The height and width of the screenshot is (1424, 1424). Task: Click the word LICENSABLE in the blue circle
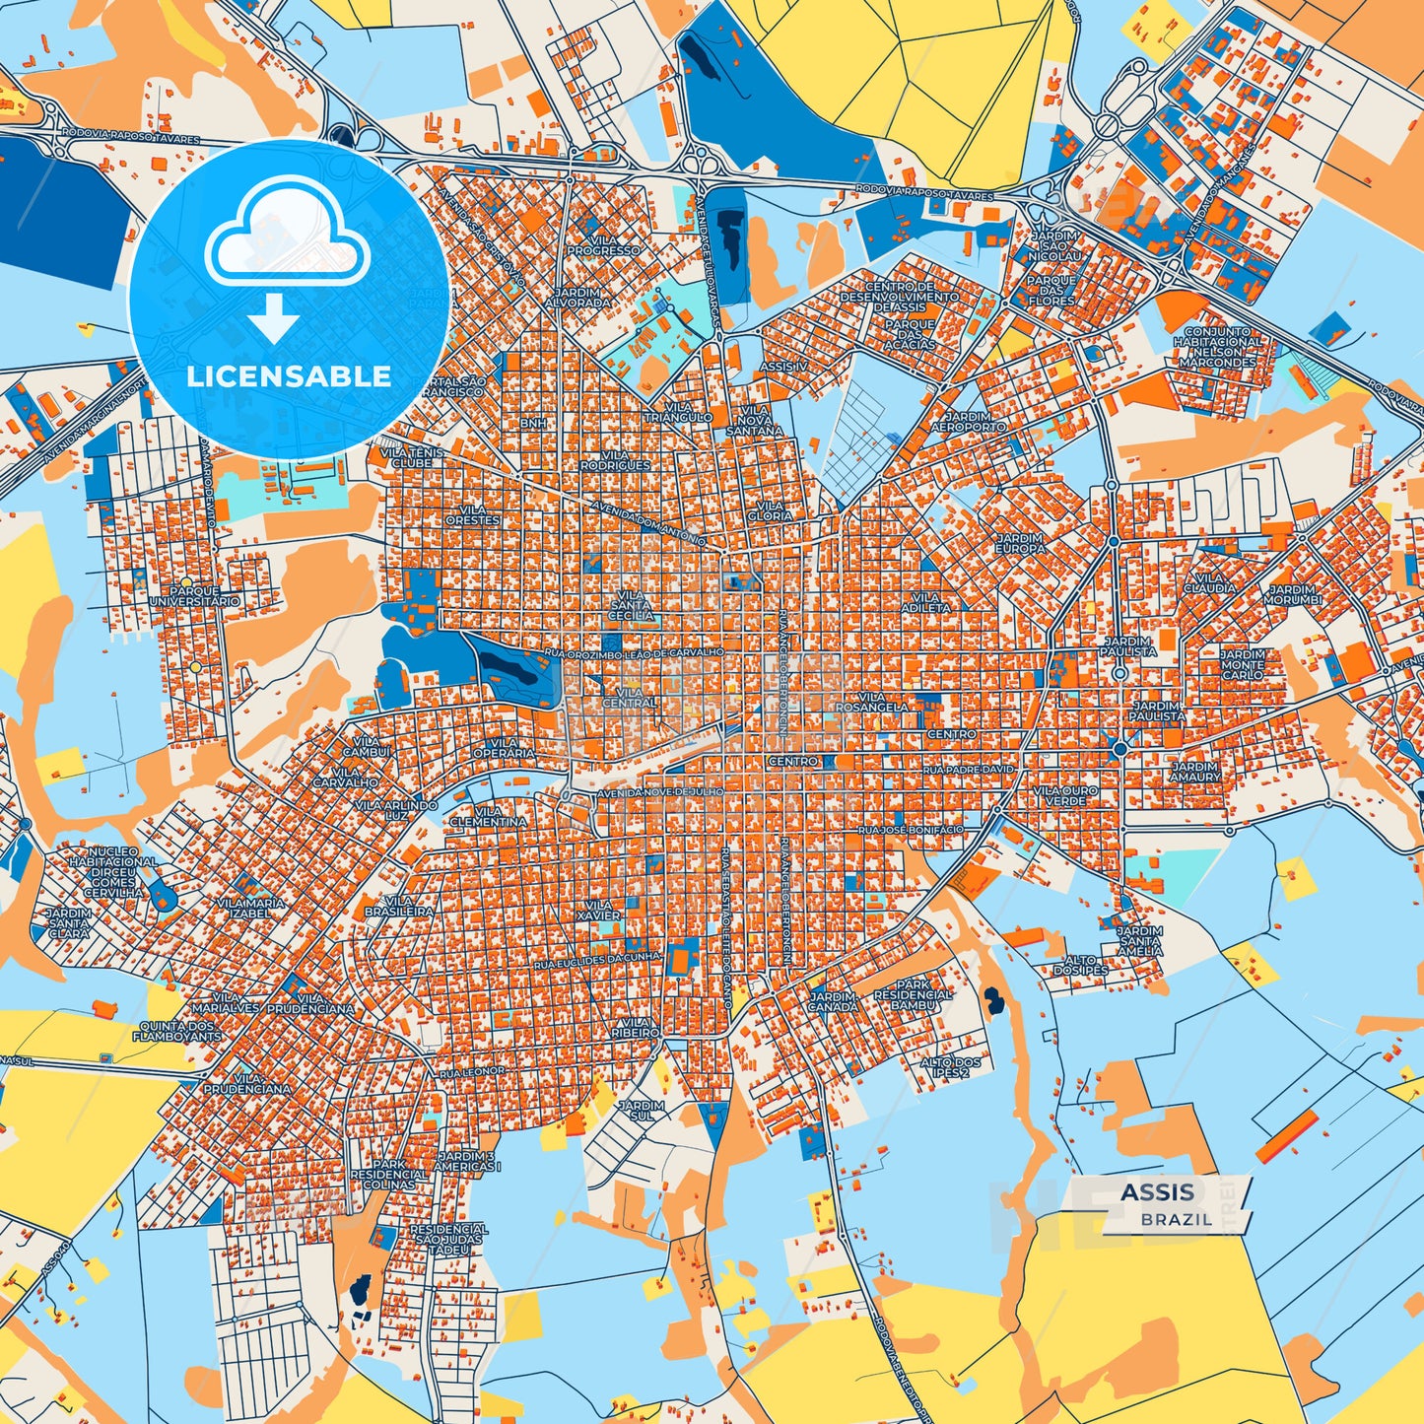pos(289,376)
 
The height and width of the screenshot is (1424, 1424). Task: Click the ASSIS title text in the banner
pos(1157,1192)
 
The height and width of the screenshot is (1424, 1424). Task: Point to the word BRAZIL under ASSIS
pos(1177,1219)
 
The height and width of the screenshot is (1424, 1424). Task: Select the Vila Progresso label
pos(603,245)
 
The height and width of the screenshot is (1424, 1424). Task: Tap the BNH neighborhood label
pos(533,423)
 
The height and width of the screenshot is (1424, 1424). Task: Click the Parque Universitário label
pos(194,595)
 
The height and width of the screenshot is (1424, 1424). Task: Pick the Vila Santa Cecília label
pos(631,605)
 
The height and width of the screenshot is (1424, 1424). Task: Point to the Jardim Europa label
pos(1020,543)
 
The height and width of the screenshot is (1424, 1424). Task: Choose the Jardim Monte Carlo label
pos(1242,664)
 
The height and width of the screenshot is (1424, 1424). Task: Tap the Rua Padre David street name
pos(968,770)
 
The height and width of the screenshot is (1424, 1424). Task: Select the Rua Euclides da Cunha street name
pos(597,960)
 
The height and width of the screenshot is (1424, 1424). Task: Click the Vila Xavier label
pos(599,910)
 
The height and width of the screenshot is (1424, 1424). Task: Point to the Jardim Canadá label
pos(833,1001)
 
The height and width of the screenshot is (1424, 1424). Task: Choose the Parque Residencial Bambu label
pos(913,994)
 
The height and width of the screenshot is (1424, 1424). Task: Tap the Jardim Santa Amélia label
pos(1139,941)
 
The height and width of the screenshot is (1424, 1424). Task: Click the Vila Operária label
pos(504,748)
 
